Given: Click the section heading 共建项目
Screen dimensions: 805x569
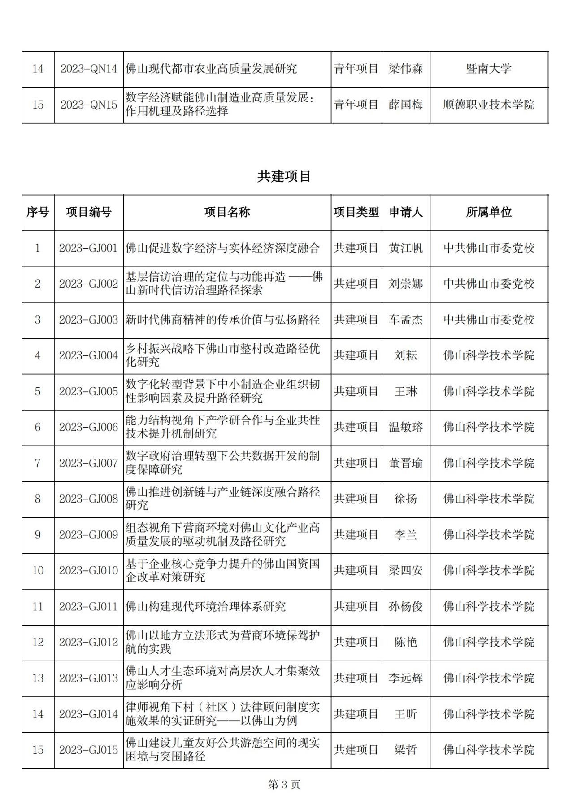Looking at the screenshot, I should (284, 176).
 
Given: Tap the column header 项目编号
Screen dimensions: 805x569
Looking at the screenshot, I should (88, 212).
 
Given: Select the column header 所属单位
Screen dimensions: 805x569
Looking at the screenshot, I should (489, 212).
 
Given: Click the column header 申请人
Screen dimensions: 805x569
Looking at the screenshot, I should (405, 212).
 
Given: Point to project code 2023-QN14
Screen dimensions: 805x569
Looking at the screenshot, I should (88, 69).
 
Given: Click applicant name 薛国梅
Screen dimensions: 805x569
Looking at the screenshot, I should (405, 105).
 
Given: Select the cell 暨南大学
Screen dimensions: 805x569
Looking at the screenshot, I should (489, 69).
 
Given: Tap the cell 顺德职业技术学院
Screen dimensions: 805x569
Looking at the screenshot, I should (489, 105).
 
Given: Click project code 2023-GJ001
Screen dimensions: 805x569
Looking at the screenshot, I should (88, 248).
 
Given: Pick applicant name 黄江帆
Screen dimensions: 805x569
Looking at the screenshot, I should (405, 248).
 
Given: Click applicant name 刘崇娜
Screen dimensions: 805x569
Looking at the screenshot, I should (405, 284).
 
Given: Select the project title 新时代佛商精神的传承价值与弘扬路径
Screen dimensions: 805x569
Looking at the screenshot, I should (223, 319).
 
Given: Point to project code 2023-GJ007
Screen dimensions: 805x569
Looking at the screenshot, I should (88, 463).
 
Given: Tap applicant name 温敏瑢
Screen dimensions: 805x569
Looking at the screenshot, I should (405, 427).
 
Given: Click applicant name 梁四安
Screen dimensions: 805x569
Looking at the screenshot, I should (405, 570).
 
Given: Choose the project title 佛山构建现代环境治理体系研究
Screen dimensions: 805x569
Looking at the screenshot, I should (205, 606).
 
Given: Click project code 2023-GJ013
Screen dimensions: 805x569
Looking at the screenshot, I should (88, 678).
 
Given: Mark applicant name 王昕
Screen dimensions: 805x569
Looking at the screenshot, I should (405, 714).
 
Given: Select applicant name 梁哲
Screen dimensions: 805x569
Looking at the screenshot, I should (405, 750).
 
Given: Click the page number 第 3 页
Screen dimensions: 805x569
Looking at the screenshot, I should (284, 784).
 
